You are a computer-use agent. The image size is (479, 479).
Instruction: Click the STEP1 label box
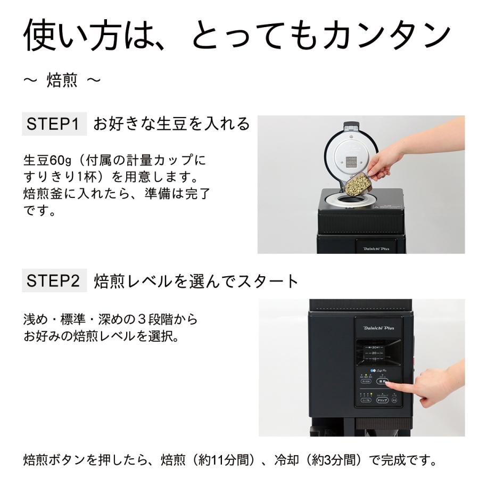(x=54, y=125)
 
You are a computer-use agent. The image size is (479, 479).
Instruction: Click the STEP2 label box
(x=54, y=280)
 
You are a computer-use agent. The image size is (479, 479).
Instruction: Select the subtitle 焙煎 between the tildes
(x=62, y=81)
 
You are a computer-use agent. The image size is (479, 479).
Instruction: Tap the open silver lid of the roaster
(x=352, y=154)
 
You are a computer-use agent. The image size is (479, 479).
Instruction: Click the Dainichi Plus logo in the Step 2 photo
(x=379, y=328)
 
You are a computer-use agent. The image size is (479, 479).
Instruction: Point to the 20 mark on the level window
(x=375, y=353)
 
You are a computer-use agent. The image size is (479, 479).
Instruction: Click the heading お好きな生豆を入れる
(x=171, y=125)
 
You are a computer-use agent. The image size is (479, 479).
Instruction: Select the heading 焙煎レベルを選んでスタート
(x=196, y=281)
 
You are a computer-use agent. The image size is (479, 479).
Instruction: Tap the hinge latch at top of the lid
(x=350, y=126)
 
